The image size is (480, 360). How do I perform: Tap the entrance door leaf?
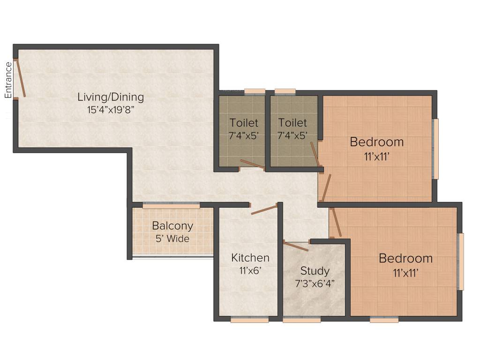(x=21, y=78)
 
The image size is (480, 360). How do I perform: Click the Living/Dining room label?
(x=111, y=97)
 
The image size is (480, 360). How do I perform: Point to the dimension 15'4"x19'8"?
(x=111, y=111)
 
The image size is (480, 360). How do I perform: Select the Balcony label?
(x=172, y=226)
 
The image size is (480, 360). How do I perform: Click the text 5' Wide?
(x=172, y=239)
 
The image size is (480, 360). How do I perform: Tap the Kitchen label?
(x=250, y=258)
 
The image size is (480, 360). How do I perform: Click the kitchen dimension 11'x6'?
(x=250, y=270)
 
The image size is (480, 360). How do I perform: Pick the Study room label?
(x=315, y=271)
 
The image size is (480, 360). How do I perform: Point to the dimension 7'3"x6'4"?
(x=315, y=284)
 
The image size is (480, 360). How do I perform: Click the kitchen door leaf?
(x=264, y=210)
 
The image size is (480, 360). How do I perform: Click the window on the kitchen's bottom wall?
(x=249, y=320)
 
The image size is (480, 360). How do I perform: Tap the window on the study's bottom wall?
(x=302, y=320)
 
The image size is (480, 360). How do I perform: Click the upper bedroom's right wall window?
(x=435, y=149)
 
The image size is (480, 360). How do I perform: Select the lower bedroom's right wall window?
(x=461, y=262)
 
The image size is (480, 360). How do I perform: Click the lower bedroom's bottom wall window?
(x=384, y=320)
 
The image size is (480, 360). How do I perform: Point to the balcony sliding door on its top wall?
(x=171, y=205)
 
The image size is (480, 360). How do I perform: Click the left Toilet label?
(x=244, y=123)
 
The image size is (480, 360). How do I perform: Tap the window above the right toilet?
(x=285, y=91)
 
